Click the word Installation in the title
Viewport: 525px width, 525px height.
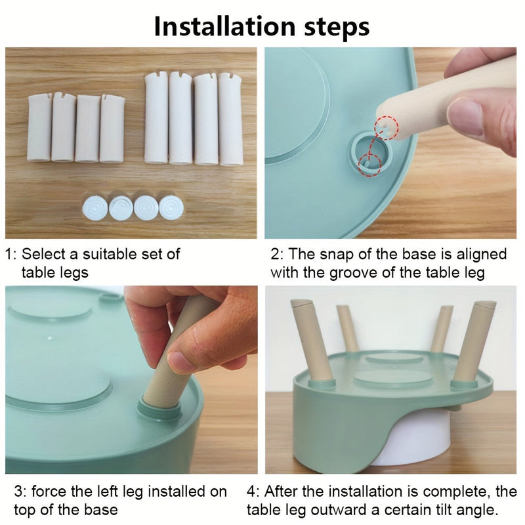[x=224, y=26]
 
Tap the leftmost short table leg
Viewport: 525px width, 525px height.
[x=39, y=127]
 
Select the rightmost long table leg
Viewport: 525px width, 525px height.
[x=230, y=119]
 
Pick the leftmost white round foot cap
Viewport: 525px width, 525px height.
[x=95, y=208]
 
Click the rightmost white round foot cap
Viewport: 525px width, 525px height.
[x=171, y=208]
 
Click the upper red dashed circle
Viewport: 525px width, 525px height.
[x=387, y=128]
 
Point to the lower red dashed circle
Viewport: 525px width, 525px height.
[x=369, y=165]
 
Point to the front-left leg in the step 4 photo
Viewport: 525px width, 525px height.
[x=310, y=341]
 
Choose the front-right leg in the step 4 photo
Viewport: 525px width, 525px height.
[x=473, y=341]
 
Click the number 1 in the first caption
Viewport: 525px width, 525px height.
[x=9, y=255]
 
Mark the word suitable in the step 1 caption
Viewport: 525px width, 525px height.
[x=110, y=254]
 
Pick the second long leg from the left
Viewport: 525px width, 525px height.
[x=180, y=118]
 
